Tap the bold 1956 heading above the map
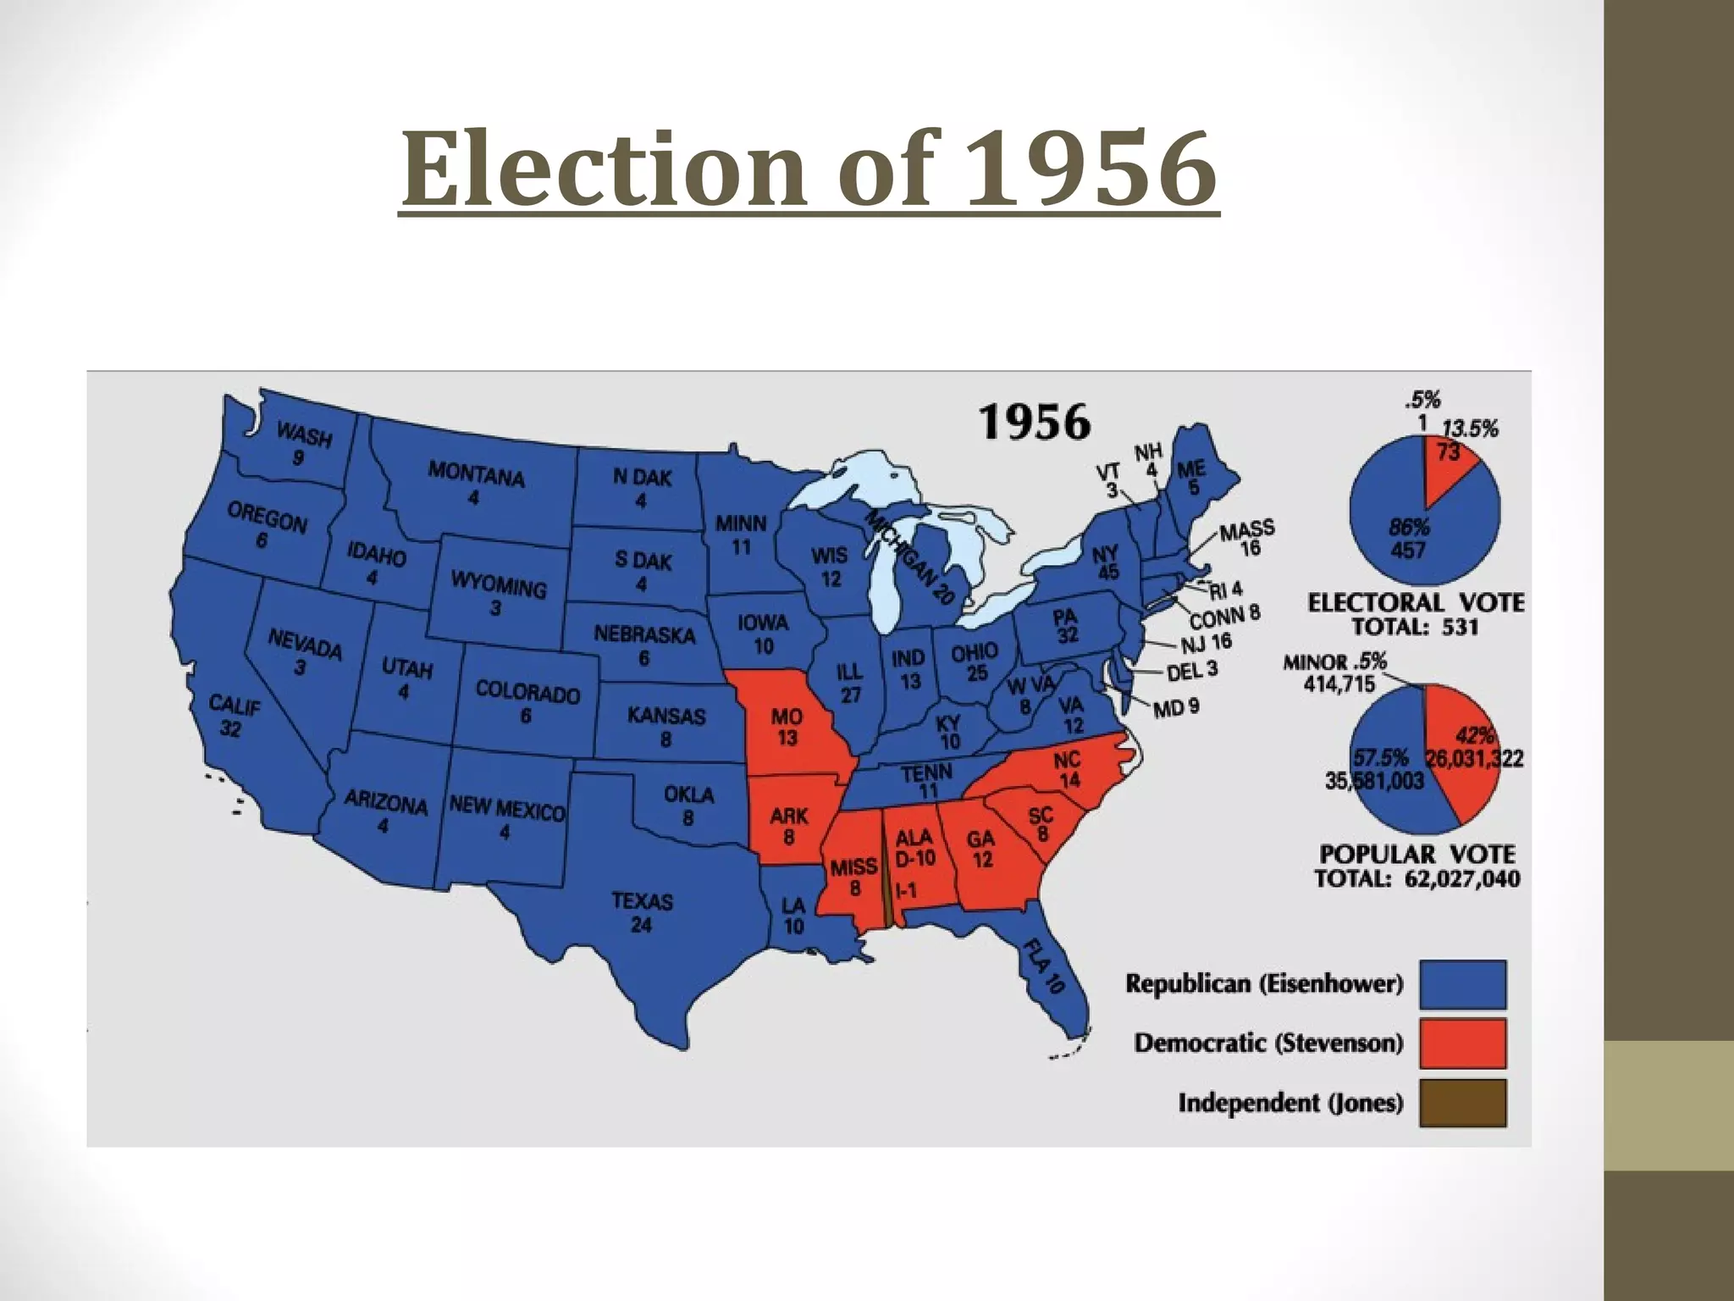pyautogui.click(x=1034, y=422)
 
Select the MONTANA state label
pyautogui.click(x=476, y=474)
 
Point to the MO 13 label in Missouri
pyautogui.click(x=787, y=727)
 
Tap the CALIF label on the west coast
pyautogui.click(x=234, y=706)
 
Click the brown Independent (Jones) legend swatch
pyautogui.click(x=1463, y=1102)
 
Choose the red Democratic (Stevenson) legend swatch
pyautogui.click(x=1463, y=1043)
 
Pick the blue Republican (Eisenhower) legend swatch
pyautogui.click(x=1463, y=983)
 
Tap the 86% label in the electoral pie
pyautogui.click(x=1409, y=527)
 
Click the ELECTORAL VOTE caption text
pyautogui.click(x=1416, y=603)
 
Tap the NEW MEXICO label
pyautogui.click(x=506, y=809)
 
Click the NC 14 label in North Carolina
pyautogui.click(x=1067, y=769)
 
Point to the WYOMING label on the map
pyautogui.click(x=498, y=584)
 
